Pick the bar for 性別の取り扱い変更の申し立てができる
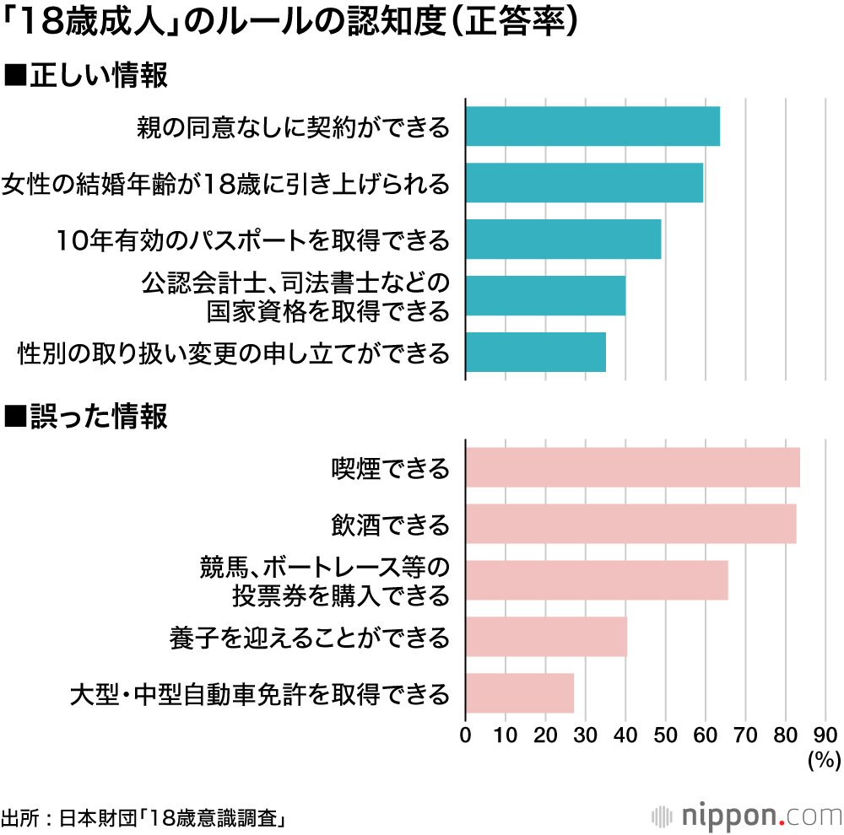535,353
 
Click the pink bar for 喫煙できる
632,468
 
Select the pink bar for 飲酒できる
630,524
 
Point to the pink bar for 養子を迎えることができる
546,637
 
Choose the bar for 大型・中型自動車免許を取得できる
519,693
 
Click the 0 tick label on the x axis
466,734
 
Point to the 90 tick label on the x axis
825,734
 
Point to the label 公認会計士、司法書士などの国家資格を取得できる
295,296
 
